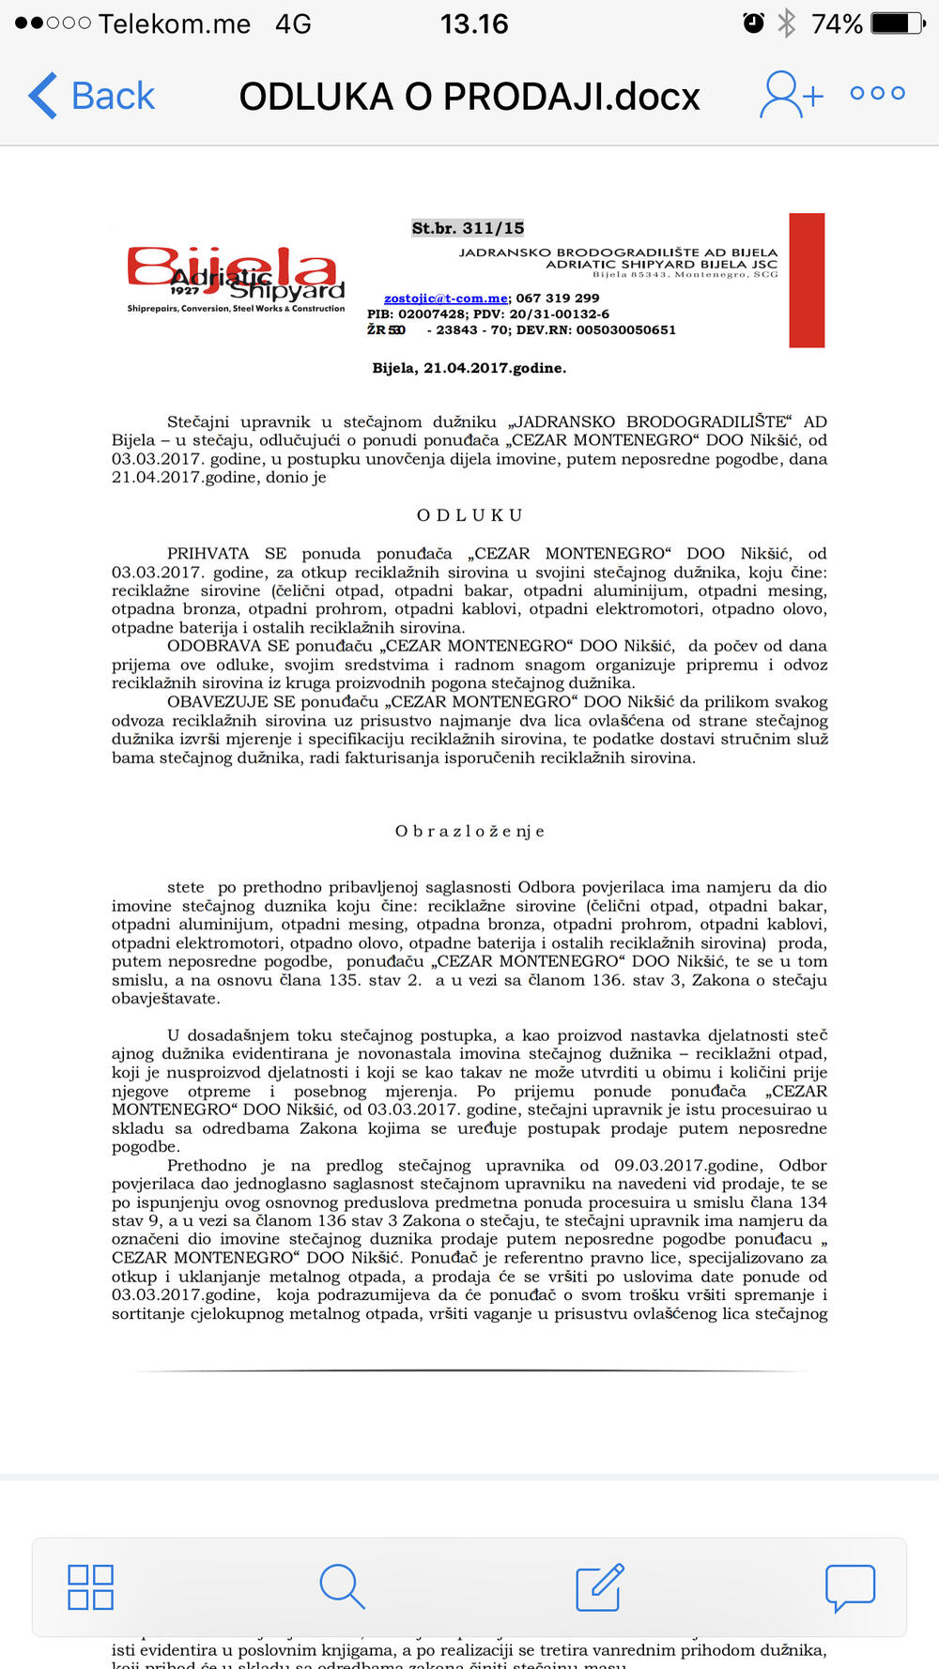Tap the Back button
coord(92,96)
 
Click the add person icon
coord(791,95)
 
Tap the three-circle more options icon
coord(877,93)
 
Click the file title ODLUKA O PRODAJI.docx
coord(469,97)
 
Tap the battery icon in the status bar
coord(897,23)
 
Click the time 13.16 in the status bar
coord(474,23)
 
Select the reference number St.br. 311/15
coord(468,228)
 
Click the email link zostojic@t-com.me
coord(446,299)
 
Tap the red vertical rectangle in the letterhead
coord(807,280)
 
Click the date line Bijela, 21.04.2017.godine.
coord(469,368)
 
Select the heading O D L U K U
coord(469,515)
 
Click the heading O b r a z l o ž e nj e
coord(469,831)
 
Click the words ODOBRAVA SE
coord(228,646)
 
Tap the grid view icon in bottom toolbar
coord(91,1587)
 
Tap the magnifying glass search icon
coord(342,1587)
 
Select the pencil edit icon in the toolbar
coord(599,1587)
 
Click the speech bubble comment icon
coord(850,1587)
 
